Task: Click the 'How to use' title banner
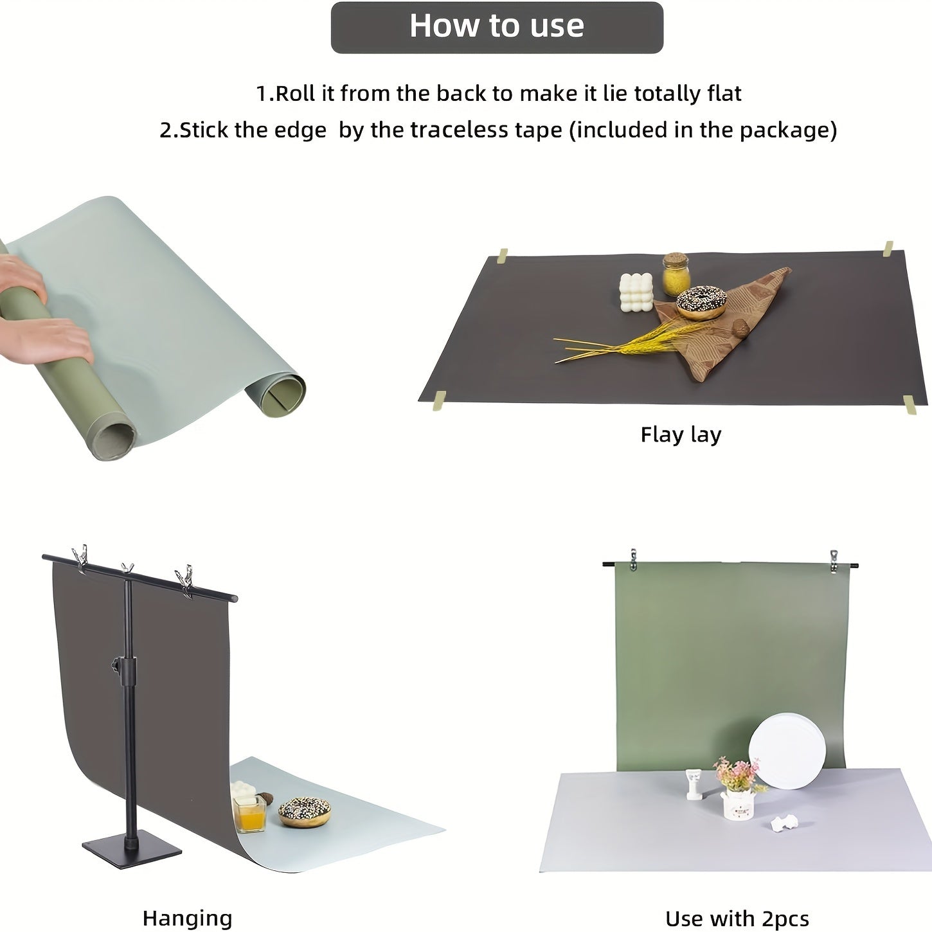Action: click(x=496, y=27)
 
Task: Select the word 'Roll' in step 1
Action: click(x=296, y=94)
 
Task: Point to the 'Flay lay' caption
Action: click(x=681, y=435)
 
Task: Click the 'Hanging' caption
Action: click(x=187, y=918)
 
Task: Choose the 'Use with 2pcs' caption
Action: click(x=737, y=919)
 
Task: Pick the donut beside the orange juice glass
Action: click(x=305, y=811)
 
